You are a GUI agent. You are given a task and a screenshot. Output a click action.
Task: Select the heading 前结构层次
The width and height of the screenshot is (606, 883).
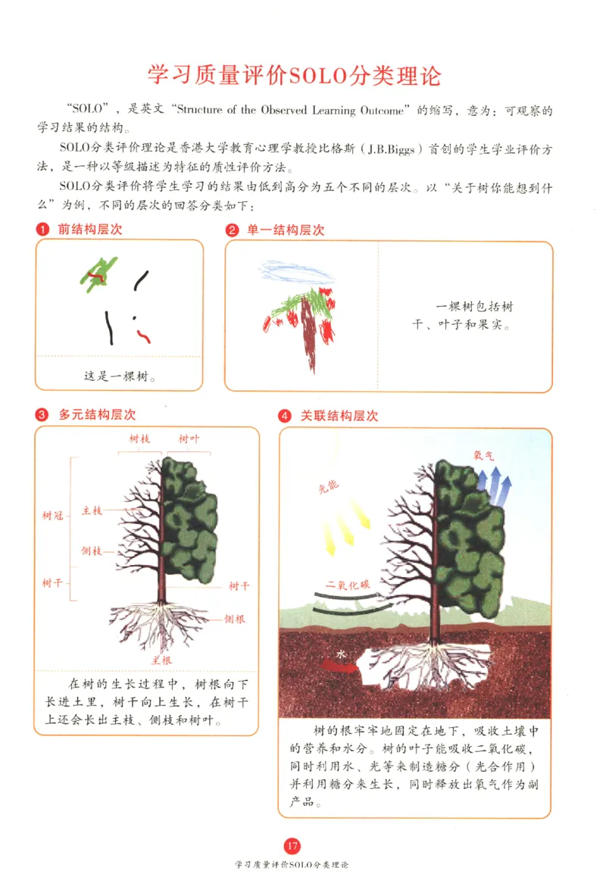(89, 229)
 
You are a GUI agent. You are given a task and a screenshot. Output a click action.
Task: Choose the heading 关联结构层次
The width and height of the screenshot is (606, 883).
(339, 416)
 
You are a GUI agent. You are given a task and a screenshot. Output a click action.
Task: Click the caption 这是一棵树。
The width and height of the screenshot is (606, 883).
(120, 375)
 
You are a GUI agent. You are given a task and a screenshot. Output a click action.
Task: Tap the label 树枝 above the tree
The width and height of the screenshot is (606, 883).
(140, 439)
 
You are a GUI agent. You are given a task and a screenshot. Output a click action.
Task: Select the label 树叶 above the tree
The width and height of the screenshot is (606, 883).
(189, 439)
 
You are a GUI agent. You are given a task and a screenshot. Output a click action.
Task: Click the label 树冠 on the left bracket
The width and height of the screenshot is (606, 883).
(52, 516)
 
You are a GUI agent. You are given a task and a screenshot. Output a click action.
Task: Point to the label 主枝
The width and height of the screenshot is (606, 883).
(91, 511)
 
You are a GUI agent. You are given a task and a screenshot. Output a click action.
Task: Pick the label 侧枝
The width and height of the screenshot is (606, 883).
(91, 551)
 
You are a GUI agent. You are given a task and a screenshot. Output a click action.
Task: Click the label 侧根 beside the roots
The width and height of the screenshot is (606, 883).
(235, 619)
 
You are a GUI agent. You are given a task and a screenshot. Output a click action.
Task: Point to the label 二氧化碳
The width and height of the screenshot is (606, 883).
(348, 585)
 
